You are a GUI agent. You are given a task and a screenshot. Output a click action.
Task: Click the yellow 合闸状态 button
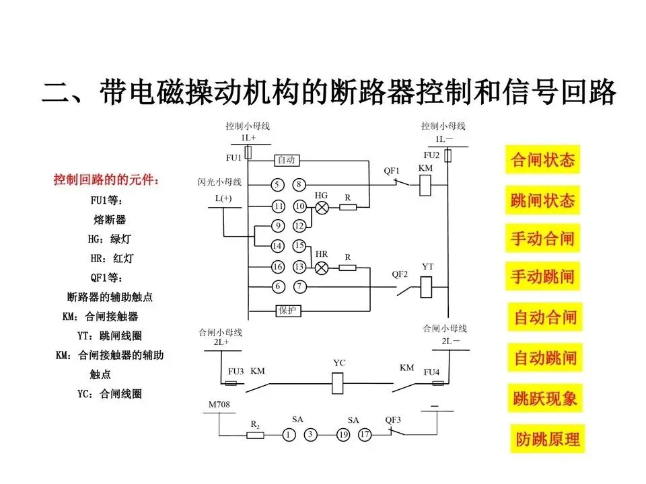coord(542,160)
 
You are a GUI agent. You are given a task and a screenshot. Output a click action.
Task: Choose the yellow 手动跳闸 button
coord(542,276)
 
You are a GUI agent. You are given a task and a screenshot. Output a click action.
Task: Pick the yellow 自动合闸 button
coord(546,317)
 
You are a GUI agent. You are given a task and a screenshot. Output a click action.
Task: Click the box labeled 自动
coord(287,161)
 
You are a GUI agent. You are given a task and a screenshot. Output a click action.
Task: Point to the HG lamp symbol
coord(322,207)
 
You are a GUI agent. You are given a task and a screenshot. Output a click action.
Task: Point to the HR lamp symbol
coord(322,268)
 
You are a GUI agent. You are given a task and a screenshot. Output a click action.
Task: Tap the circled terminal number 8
coord(299,185)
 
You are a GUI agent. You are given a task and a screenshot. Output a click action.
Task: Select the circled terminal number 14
coord(278,245)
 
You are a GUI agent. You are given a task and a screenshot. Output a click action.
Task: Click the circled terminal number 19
coord(343,435)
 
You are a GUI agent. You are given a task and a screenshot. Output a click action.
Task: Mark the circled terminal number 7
coord(299,287)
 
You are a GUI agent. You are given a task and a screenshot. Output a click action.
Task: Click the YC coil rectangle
coord(339,384)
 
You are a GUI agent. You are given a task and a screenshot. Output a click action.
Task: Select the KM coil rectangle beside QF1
coord(425,185)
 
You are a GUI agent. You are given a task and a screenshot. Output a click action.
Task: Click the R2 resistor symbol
coord(255,435)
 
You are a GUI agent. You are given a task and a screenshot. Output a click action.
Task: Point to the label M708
coord(219,405)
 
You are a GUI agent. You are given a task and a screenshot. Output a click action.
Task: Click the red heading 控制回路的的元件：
coord(107,180)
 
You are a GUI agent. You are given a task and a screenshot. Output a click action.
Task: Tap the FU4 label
coord(431,372)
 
